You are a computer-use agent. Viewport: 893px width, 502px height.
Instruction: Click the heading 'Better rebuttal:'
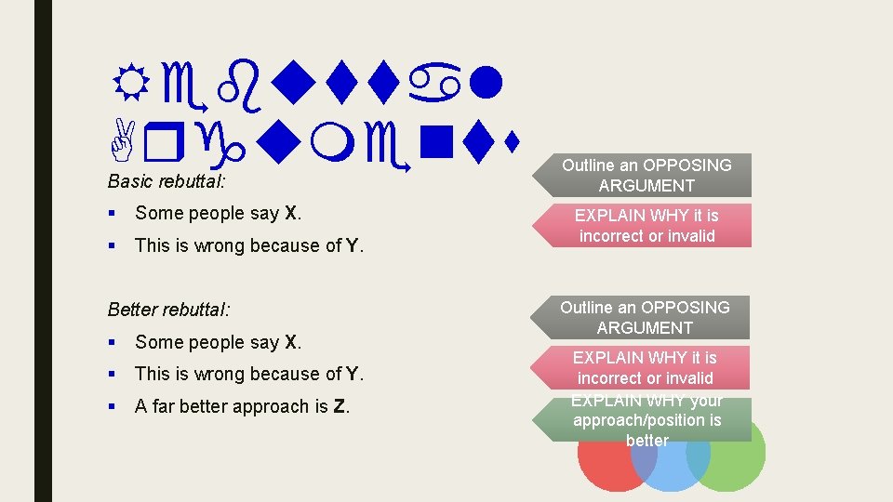pos(169,309)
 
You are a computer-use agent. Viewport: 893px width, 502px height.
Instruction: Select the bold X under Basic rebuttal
pos(293,213)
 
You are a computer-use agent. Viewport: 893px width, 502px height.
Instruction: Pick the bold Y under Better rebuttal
pos(353,374)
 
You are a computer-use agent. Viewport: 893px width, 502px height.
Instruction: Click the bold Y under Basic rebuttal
pos(353,245)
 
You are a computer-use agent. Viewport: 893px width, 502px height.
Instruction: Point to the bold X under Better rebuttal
pos(293,342)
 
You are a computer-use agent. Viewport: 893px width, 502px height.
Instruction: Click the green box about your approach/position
pos(646,419)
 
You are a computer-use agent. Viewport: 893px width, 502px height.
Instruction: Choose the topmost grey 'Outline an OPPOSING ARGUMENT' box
pos(646,175)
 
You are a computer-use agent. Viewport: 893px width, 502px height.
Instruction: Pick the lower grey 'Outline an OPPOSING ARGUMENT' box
pos(646,317)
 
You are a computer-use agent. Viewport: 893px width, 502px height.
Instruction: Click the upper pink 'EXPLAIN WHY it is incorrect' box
pos(646,225)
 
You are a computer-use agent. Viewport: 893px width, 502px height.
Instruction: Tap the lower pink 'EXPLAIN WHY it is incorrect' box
pos(646,367)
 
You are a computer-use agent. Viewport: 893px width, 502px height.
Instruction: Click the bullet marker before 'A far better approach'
pos(113,406)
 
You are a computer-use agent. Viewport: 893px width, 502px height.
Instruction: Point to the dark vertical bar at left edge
pos(44,251)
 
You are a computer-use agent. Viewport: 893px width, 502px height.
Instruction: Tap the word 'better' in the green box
pos(646,440)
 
